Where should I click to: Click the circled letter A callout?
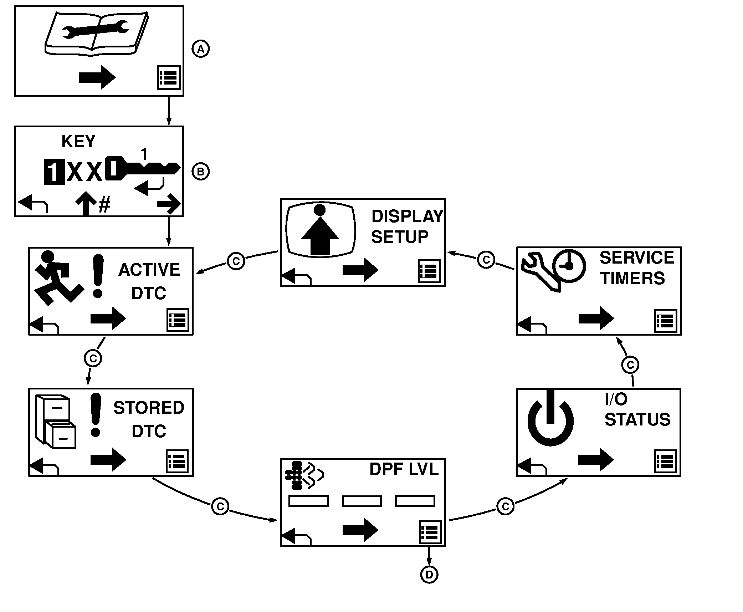(x=201, y=49)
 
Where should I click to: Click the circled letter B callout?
(x=201, y=172)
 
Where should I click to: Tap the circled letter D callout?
(x=429, y=575)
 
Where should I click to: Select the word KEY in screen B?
(x=78, y=142)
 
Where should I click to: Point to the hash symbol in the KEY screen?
(x=104, y=206)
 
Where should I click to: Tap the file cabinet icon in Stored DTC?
(x=56, y=421)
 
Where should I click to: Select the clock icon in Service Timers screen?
(x=569, y=266)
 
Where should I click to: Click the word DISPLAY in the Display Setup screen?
(x=407, y=216)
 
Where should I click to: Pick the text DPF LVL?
(x=404, y=469)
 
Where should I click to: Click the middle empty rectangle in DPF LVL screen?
(x=362, y=501)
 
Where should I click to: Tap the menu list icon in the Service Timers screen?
(x=666, y=320)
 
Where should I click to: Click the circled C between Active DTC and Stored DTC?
(x=93, y=358)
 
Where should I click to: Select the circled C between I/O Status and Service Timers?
(x=630, y=365)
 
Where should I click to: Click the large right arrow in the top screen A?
(x=97, y=77)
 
